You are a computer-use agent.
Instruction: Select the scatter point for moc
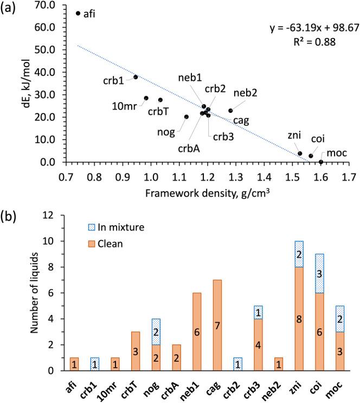(x=321, y=162)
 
